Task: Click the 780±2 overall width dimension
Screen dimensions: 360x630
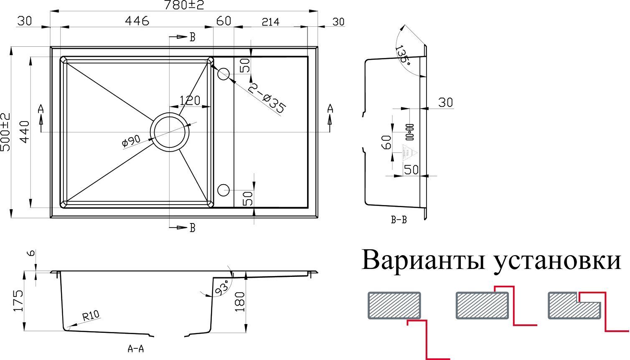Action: (184, 5)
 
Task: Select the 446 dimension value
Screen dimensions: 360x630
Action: (137, 21)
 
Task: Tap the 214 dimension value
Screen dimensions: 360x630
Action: (270, 22)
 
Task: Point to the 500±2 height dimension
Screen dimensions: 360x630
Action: (6, 132)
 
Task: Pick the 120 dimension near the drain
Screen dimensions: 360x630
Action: (190, 100)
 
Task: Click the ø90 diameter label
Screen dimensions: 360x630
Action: (131, 141)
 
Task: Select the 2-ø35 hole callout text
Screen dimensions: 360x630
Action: (267, 98)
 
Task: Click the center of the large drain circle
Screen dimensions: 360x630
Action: (169, 132)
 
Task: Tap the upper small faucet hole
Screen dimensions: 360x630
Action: (224, 74)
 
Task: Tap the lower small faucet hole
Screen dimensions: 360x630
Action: (224, 190)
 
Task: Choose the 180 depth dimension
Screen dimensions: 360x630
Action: (240, 301)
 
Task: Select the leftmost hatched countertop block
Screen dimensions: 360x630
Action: (394, 305)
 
